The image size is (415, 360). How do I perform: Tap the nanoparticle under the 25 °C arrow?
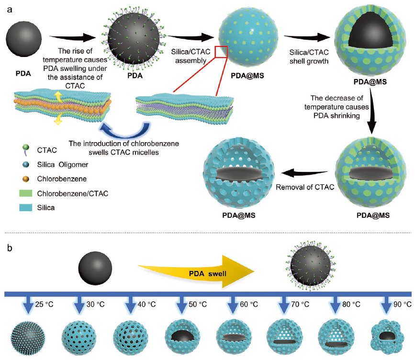point(27,338)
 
